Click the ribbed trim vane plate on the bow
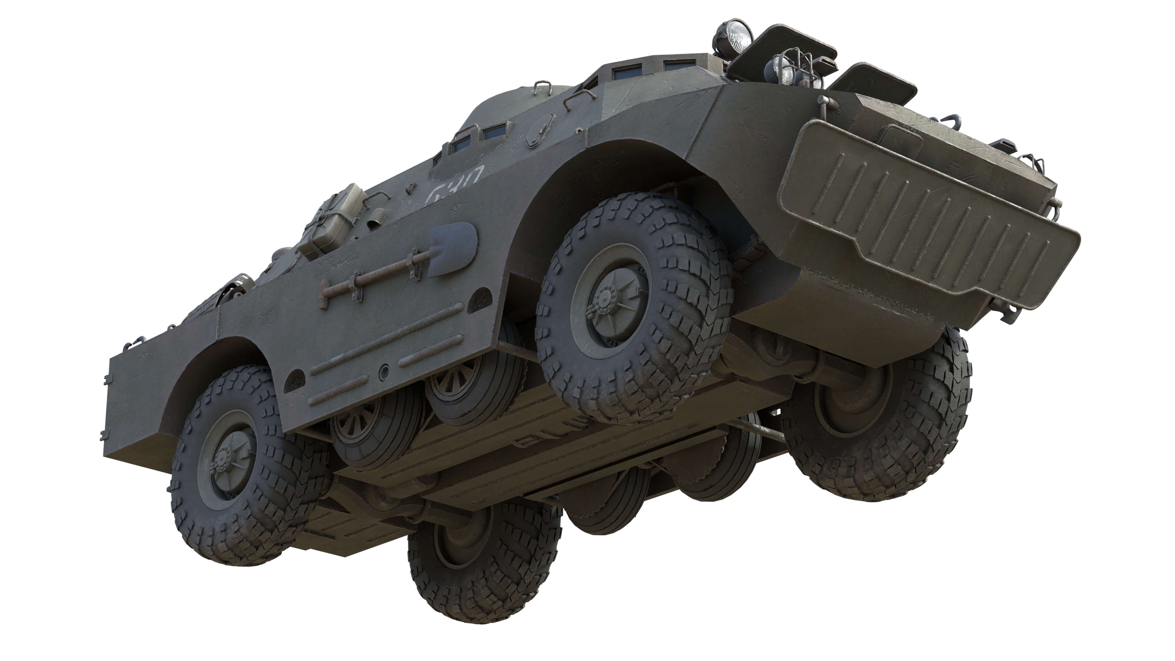coord(926,215)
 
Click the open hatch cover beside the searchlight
coord(782,48)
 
